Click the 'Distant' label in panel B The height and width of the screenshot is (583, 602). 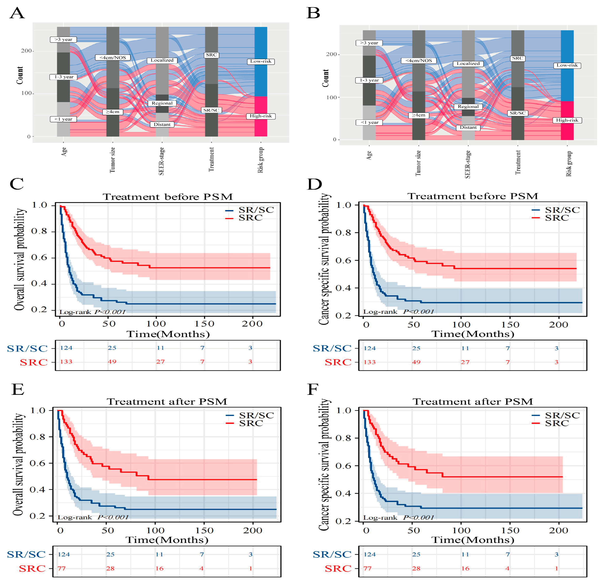[468, 127]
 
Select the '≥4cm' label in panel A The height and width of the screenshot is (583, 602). [112, 112]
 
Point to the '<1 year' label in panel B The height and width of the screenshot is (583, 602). [369, 123]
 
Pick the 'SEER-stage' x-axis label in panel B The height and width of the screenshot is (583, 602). [467, 164]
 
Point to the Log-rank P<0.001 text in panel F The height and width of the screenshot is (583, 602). [398, 517]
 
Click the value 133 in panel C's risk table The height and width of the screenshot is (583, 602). [66, 362]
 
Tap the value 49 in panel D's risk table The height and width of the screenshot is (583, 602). [416, 362]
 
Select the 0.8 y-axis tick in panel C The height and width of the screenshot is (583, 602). [39, 231]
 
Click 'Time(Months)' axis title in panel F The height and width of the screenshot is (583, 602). [472, 540]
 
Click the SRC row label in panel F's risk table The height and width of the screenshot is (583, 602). [338, 569]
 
